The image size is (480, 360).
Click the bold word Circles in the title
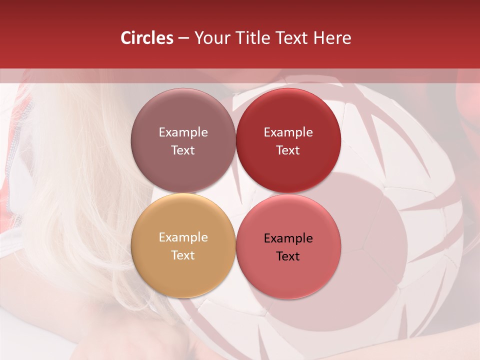coord(146,38)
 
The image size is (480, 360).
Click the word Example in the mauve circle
coord(183,132)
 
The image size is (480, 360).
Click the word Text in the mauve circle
coord(183,150)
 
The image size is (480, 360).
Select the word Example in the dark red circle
coord(288,132)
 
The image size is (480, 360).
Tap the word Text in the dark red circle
coord(288,150)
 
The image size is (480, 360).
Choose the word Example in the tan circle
coord(183,237)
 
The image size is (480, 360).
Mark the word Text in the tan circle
coord(183,255)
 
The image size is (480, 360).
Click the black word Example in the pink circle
coord(288,238)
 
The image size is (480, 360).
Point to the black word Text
coord(288,256)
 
